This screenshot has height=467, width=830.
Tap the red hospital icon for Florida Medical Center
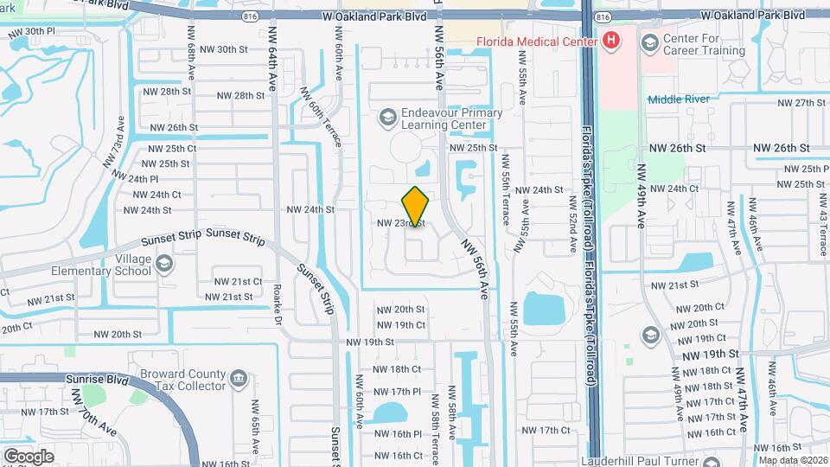(x=611, y=41)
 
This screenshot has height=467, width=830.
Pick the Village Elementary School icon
(x=164, y=262)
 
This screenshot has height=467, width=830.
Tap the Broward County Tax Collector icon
(x=239, y=377)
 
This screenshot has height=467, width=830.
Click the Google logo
(x=29, y=456)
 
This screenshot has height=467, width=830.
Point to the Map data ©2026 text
(x=792, y=459)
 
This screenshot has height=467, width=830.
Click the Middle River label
(x=679, y=99)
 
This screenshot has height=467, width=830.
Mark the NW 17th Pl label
(x=398, y=391)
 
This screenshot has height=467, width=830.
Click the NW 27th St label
(x=801, y=103)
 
